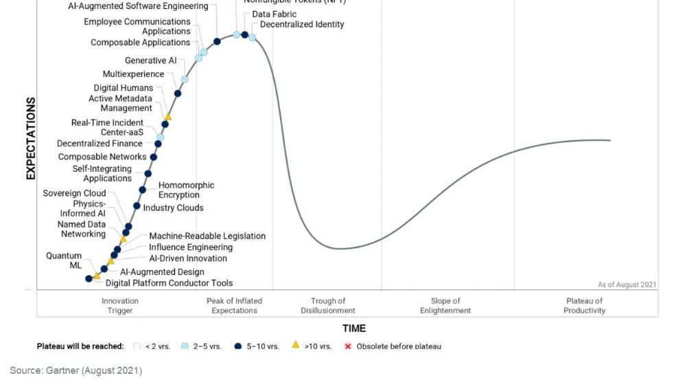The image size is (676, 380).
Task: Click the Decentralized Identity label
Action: (302, 25)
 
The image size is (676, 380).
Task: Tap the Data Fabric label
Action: (275, 14)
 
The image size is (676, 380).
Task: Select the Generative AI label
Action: (150, 60)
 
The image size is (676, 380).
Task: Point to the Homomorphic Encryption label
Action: (186, 190)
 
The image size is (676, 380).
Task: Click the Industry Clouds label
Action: (173, 208)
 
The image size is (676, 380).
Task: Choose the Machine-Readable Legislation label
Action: (207, 236)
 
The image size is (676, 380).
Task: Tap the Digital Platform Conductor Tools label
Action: (169, 283)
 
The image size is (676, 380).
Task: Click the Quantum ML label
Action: (65, 260)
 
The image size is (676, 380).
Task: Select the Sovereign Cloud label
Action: (74, 193)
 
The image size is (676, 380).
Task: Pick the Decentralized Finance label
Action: (100, 144)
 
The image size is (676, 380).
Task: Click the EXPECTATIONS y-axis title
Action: (31, 139)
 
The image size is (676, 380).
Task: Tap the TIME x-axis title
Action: (354, 328)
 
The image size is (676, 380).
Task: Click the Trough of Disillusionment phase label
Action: (328, 306)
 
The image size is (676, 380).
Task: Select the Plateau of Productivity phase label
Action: (585, 306)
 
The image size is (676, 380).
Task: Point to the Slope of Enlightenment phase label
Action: (445, 306)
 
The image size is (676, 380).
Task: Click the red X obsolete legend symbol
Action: (348, 346)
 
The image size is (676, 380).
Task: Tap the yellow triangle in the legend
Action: (296, 345)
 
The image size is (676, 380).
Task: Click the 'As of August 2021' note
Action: (627, 284)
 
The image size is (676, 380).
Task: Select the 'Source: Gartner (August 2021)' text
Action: (75, 370)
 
